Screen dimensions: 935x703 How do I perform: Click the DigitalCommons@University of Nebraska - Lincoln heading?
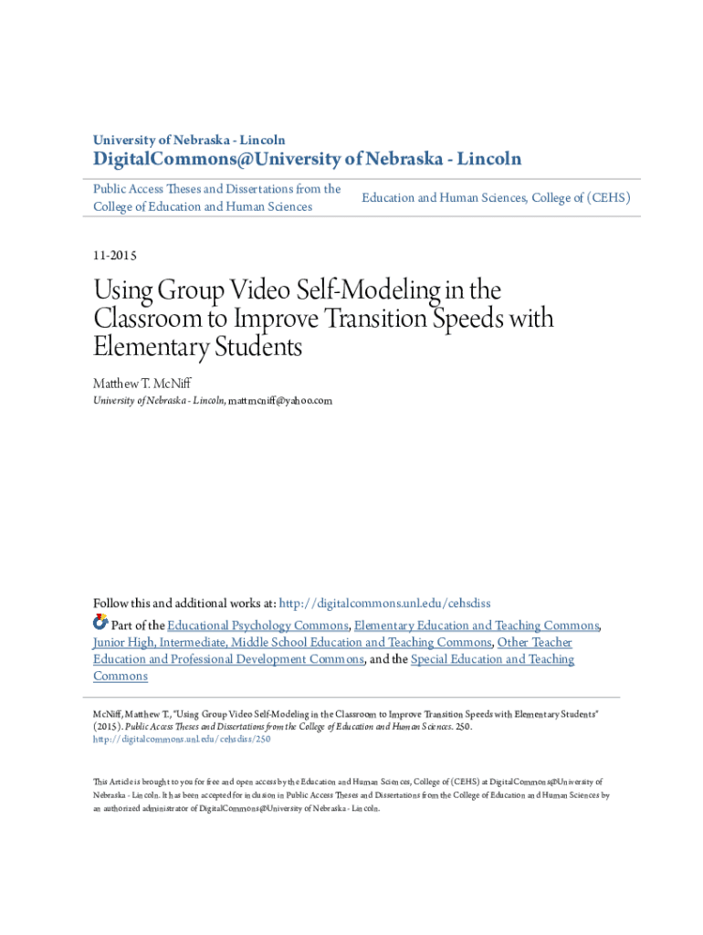tap(307, 160)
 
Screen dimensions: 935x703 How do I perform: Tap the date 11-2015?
tap(115, 257)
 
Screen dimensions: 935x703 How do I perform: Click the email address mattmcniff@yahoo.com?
tap(280, 401)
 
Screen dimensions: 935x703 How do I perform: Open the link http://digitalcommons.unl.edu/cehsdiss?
tap(384, 604)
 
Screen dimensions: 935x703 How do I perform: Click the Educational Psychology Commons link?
tap(257, 625)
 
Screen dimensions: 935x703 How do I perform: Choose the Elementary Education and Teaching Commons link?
tap(477, 625)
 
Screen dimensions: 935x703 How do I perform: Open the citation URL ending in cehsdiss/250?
tap(182, 740)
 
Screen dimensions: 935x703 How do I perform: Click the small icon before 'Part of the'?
tap(100, 625)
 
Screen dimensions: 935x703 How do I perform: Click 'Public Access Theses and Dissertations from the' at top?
tap(217, 189)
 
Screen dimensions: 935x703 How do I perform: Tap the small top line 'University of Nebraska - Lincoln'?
tap(189, 141)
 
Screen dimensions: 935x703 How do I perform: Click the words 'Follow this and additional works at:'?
tap(184, 604)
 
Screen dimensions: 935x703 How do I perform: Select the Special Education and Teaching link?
tap(492, 659)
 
